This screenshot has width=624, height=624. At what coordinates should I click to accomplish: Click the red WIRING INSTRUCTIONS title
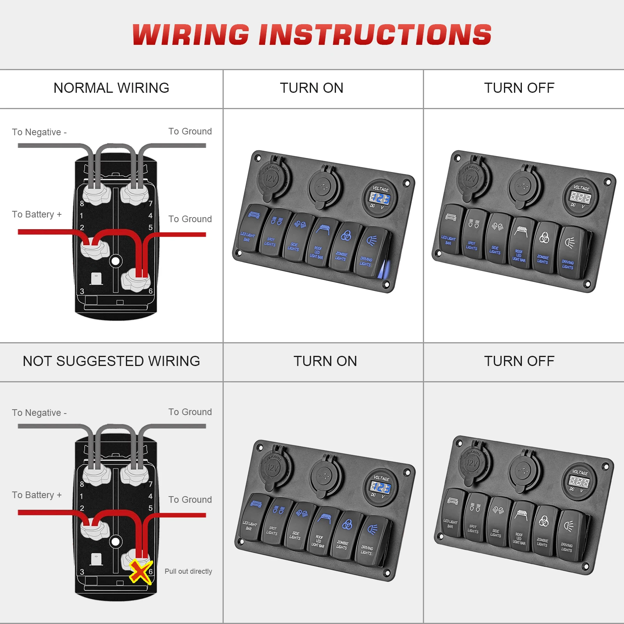click(312, 35)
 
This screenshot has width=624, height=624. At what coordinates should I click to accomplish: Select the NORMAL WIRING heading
click(111, 88)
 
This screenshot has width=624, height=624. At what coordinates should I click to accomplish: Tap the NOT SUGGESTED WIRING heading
click(111, 361)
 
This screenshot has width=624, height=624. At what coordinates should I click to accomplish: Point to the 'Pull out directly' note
click(188, 571)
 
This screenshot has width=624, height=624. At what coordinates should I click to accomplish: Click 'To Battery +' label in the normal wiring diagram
click(37, 214)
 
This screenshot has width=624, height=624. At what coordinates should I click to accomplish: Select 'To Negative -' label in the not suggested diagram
click(39, 413)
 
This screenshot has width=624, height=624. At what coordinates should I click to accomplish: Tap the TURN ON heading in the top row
click(311, 88)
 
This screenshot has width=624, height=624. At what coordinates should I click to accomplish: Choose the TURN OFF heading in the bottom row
click(519, 361)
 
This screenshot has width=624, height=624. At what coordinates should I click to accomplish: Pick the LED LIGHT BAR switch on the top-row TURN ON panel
click(250, 228)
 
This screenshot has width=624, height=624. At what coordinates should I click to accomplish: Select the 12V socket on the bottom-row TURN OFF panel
click(472, 463)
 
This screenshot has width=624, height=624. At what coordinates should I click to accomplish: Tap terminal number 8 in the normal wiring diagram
click(82, 203)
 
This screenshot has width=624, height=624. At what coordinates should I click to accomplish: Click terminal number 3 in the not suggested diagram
click(82, 572)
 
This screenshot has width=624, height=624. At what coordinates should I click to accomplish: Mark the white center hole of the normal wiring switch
click(115, 261)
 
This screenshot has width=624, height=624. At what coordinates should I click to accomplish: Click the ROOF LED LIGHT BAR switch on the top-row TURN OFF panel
click(520, 244)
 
